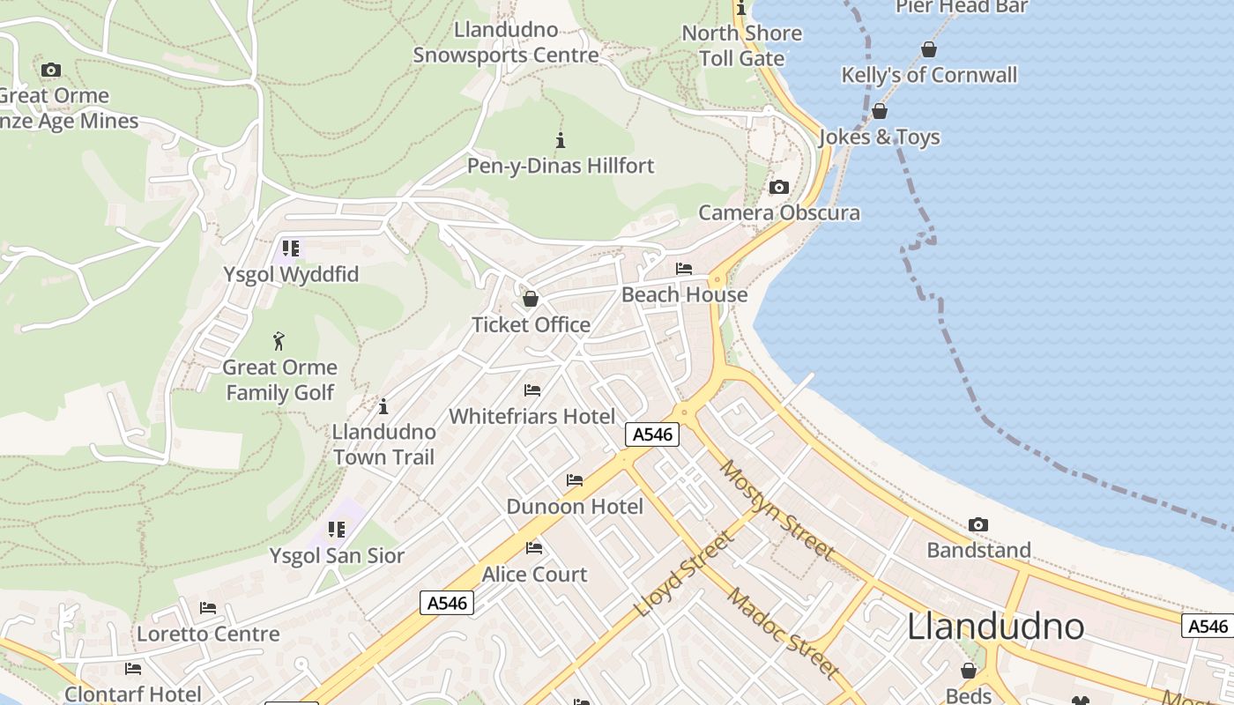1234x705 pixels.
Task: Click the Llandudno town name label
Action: (995, 627)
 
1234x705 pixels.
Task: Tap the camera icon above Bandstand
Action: (978, 525)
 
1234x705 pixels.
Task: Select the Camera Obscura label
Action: (779, 212)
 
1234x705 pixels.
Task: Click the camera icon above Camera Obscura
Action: (778, 187)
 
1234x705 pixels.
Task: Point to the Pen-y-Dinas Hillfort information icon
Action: (560, 140)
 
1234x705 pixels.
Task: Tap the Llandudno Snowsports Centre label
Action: (506, 42)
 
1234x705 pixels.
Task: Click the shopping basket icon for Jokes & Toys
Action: (879, 112)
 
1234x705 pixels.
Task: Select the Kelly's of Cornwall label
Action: (929, 75)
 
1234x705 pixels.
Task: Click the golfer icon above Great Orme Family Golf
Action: (279, 341)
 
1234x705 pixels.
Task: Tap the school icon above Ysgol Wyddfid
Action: (290, 249)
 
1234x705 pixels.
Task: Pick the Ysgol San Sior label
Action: (337, 556)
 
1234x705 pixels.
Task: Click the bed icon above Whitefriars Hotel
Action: (532, 390)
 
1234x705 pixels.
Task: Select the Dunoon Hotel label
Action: (575, 507)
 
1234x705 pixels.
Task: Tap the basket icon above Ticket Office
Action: (530, 300)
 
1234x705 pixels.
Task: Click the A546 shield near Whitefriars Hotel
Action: (652, 434)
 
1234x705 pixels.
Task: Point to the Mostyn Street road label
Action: (777, 509)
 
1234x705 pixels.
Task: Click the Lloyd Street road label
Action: (683, 574)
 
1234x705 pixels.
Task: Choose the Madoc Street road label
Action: (783, 632)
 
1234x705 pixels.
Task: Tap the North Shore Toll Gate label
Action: (742, 46)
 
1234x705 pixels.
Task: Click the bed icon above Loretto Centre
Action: (208, 608)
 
